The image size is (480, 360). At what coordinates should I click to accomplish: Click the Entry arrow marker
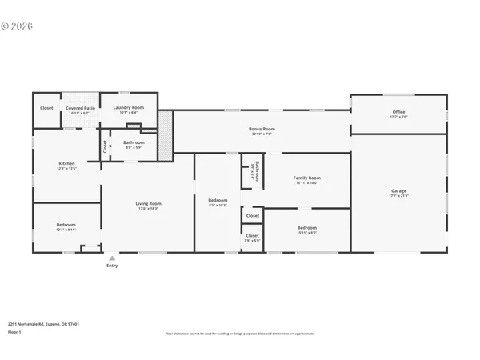point(112,258)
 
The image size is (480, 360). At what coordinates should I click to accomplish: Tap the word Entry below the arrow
point(112,266)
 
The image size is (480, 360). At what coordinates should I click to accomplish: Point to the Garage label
point(398,191)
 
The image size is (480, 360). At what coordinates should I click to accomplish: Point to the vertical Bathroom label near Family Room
point(256,174)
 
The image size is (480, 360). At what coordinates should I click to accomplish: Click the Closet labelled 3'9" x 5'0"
point(252,235)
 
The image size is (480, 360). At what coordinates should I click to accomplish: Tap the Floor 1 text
point(14,331)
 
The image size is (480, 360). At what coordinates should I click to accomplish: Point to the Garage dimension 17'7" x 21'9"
point(398,197)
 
